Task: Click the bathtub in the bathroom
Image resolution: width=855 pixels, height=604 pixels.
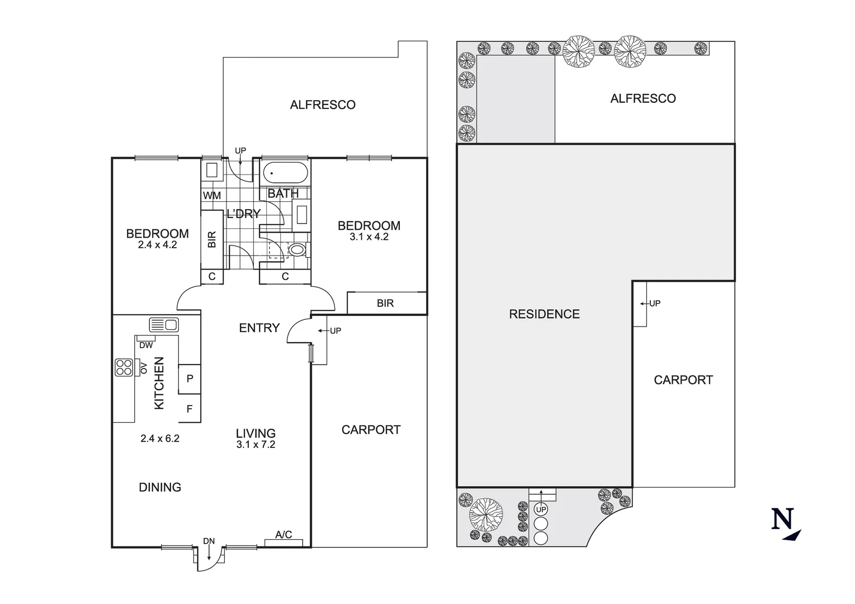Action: [285, 173]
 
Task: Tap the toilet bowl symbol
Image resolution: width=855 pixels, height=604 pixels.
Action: [297, 250]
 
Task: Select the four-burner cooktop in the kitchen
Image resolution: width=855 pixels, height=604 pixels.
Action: [124, 367]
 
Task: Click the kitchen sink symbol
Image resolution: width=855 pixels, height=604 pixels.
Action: [164, 325]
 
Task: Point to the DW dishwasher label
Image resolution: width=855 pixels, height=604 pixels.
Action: [146, 346]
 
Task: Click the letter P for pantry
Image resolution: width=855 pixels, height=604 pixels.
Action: [190, 379]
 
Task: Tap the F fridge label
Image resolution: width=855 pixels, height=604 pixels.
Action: [190, 409]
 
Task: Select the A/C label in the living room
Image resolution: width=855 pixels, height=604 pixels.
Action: [284, 535]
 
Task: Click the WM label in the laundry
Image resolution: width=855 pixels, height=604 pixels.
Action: [212, 196]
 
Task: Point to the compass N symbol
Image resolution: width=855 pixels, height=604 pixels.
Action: [782, 518]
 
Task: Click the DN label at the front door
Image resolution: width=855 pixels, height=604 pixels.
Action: [209, 541]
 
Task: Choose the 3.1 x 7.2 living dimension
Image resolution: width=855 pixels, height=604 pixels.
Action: [256, 445]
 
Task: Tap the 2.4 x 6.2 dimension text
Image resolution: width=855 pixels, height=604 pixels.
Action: [160, 438]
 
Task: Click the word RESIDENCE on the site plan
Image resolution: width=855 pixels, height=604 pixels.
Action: [544, 314]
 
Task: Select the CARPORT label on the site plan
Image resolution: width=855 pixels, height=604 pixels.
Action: [683, 380]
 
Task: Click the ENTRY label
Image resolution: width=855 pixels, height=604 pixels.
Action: [259, 328]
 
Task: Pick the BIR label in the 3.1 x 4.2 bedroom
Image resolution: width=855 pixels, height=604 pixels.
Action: [385, 303]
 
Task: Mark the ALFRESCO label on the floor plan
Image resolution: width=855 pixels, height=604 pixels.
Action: [323, 105]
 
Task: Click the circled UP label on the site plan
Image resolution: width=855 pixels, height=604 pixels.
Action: [541, 509]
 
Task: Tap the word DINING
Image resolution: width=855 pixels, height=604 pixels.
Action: [160, 487]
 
